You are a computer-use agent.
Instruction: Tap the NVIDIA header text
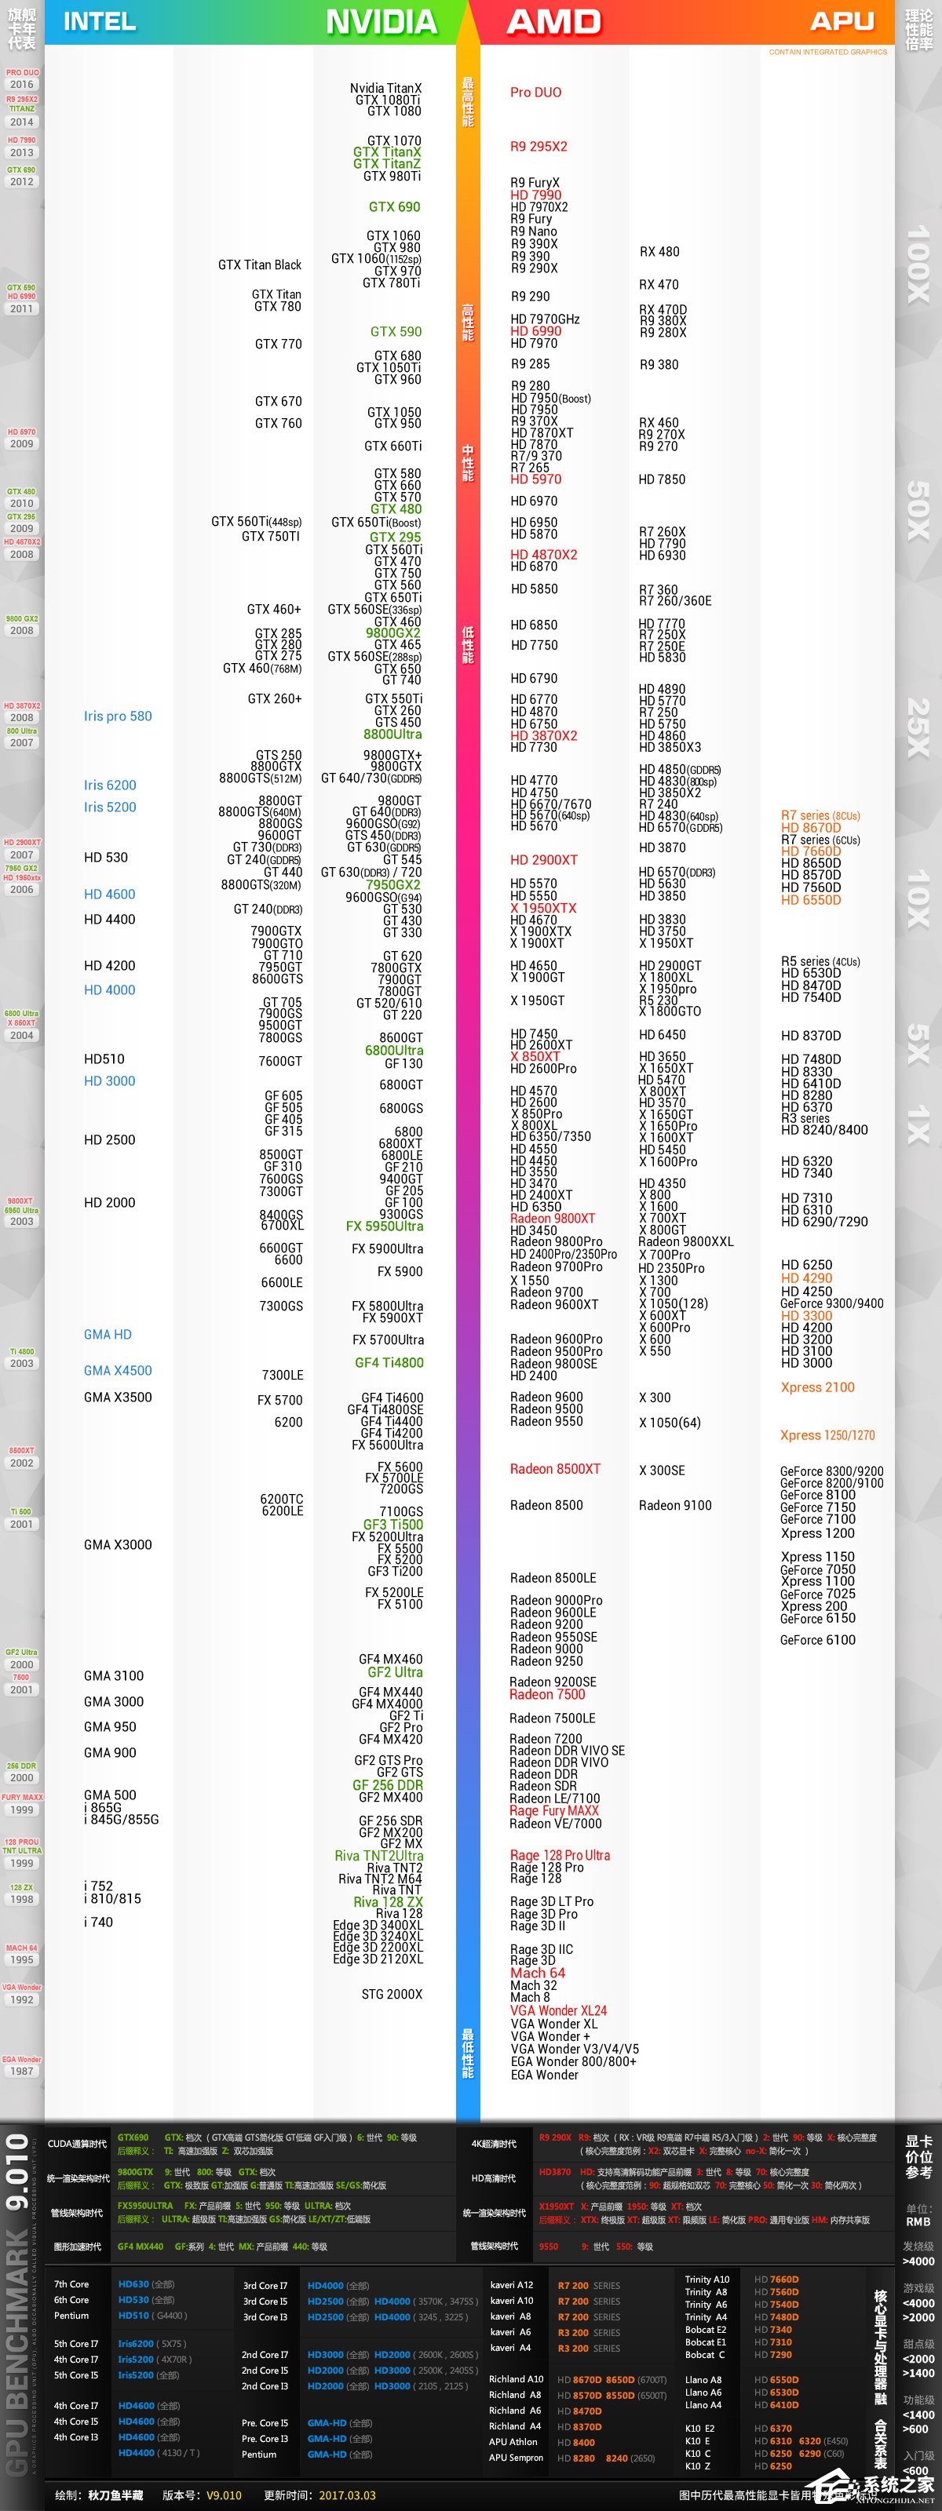[x=382, y=21]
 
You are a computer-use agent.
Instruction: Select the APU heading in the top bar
[x=842, y=21]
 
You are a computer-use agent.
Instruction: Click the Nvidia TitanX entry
[x=386, y=89]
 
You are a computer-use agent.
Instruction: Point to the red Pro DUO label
[x=535, y=93]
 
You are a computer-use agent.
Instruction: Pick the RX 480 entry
[x=659, y=251]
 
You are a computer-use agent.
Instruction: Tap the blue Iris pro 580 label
[x=118, y=716]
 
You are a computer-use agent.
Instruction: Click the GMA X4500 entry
[x=118, y=1371]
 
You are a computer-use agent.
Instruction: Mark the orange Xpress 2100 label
[x=817, y=1387]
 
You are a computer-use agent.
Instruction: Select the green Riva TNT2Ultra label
[x=378, y=1856]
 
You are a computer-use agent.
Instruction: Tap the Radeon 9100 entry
[x=675, y=1505]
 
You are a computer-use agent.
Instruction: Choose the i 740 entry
[x=98, y=1922]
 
